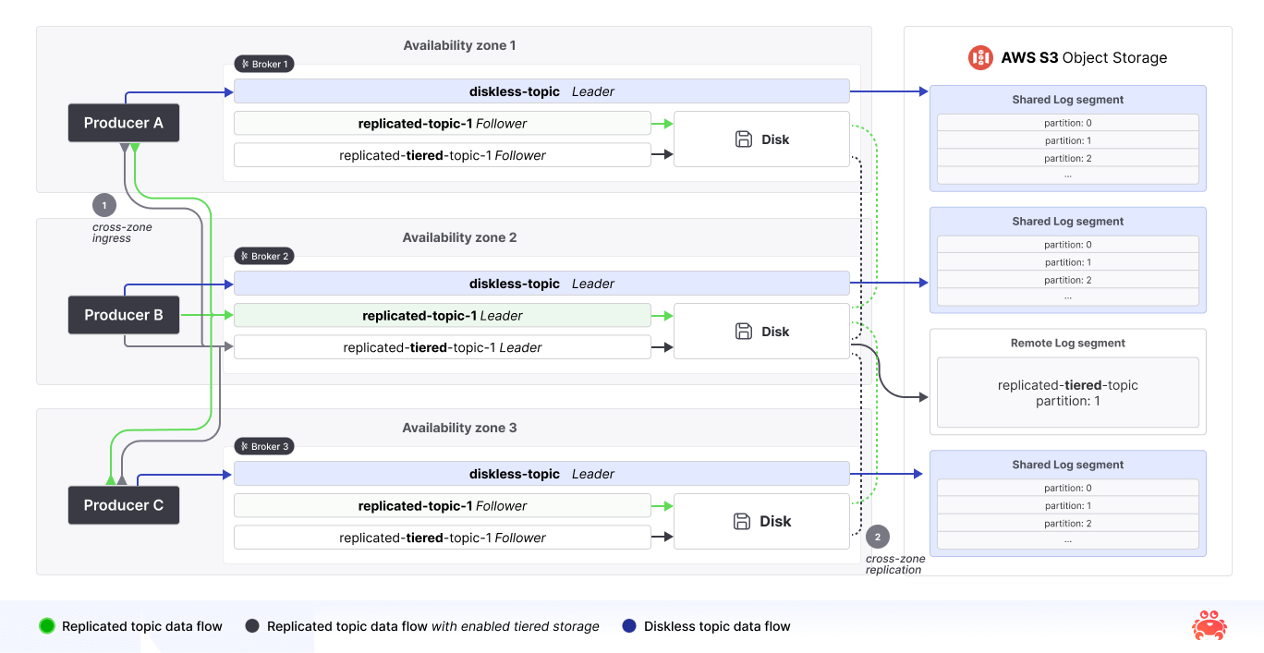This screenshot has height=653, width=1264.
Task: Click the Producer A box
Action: click(x=123, y=123)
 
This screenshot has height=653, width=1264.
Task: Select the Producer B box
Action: click(x=123, y=315)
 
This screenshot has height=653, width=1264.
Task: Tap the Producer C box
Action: click(x=123, y=505)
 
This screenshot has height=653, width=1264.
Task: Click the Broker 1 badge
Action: click(x=264, y=65)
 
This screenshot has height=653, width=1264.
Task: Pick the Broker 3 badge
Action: click(x=264, y=446)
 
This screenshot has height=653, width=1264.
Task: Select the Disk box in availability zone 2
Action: click(x=761, y=332)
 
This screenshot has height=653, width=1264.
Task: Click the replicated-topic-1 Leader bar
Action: click(x=442, y=316)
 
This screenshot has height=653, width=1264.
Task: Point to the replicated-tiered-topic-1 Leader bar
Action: click(x=442, y=348)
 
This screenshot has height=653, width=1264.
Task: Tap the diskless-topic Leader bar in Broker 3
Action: click(x=541, y=474)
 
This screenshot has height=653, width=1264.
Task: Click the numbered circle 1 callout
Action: click(x=104, y=205)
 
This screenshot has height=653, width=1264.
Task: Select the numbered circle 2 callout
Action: click(x=878, y=537)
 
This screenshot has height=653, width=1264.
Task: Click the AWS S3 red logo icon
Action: click(x=980, y=57)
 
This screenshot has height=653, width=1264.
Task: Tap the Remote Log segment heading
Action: click(x=1067, y=343)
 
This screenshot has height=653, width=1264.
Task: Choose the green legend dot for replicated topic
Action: click(x=47, y=626)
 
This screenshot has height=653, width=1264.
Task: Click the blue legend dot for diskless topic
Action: click(x=629, y=626)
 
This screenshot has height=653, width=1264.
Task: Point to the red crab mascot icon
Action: click(x=1209, y=625)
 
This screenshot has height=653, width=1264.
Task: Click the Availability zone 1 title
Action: click(x=459, y=45)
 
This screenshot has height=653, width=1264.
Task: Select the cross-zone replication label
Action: click(x=894, y=564)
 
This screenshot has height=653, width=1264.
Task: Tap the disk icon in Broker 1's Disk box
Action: click(x=744, y=139)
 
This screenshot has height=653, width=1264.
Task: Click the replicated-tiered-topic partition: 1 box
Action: click(x=1067, y=393)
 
